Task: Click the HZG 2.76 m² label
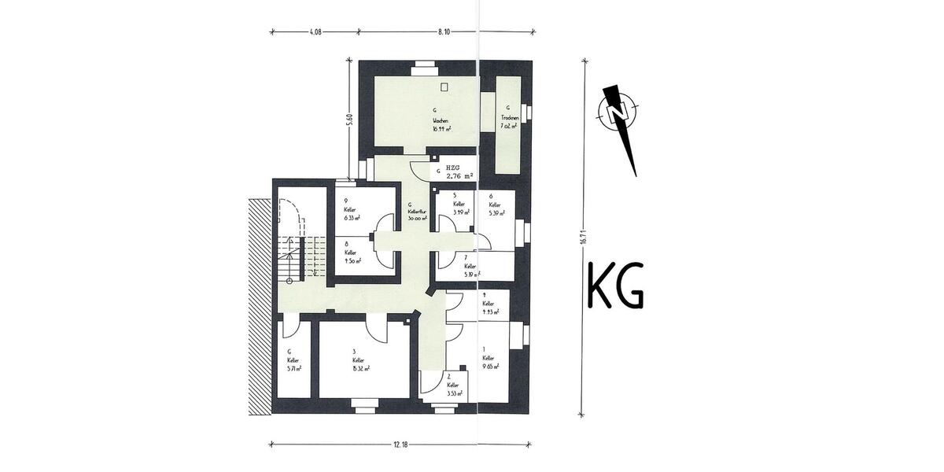click(x=459, y=174)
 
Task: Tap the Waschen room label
click(x=439, y=120)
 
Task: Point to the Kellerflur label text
click(x=417, y=212)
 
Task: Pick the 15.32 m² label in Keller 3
click(x=361, y=367)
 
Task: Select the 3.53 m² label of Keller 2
click(x=453, y=393)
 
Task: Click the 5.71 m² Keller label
click(x=295, y=367)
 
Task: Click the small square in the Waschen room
click(x=444, y=87)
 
